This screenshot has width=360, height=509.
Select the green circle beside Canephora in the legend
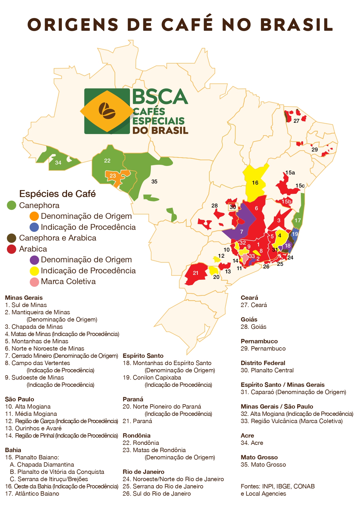pos(11,205)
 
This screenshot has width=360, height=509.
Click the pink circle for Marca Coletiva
pos(35,282)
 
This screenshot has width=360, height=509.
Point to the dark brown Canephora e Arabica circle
pos(11,238)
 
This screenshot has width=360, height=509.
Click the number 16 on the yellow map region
pos(255,183)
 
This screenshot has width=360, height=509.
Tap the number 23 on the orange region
pos(113,176)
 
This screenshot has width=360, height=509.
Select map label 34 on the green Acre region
pos(58,163)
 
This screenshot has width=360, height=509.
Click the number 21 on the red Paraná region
pos(196,273)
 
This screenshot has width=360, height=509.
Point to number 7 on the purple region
pos(242,232)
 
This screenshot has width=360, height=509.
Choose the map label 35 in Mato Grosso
pos(154,181)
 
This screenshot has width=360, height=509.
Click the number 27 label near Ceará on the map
pos(296,121)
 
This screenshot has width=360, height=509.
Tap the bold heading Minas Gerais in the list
pos(24,298)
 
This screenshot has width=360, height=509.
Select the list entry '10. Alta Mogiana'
pos(28,407)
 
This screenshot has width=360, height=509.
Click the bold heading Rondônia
pos(137,436)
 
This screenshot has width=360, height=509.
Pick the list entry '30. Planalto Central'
pos(267,370)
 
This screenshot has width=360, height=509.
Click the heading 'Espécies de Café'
pos(57,194)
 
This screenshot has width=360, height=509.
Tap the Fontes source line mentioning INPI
pos(278,486)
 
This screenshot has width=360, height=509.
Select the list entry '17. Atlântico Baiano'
pos(32,494)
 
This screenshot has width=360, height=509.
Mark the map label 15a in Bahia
pos(290,173)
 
